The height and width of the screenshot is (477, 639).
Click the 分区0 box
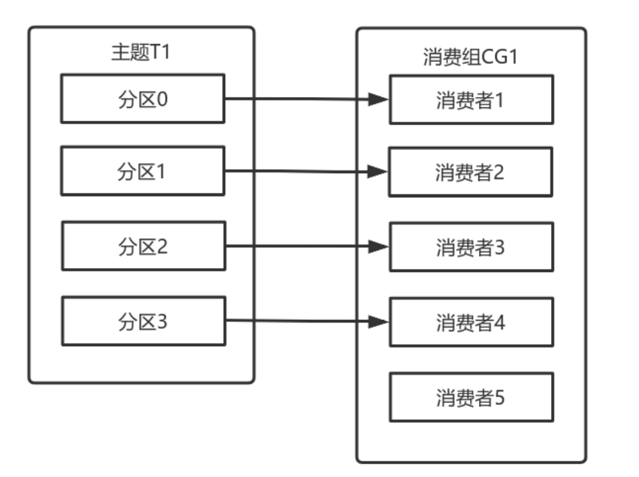[142, 98]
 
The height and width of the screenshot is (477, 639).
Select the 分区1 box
[142, 170]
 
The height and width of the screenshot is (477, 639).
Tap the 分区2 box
[142, 246]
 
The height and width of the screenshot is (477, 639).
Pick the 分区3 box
[142, 321]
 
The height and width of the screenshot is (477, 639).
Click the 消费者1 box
[471, 100]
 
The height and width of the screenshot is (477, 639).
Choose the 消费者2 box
[471, 172]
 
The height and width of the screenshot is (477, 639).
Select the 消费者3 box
[471, 247]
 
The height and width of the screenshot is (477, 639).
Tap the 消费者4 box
[471, 322]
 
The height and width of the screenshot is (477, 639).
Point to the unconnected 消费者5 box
[471, 397]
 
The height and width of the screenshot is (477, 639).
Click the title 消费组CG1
[470, 56]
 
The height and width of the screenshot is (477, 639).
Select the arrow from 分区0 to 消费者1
[300, 99]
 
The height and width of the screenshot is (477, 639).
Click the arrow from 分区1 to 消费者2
[300, 171]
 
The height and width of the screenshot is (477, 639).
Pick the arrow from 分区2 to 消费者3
[300, 246]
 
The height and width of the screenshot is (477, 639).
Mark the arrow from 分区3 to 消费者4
[300, 321]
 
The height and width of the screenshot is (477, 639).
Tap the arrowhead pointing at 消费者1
[380, 100]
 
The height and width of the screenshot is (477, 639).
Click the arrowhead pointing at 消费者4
[380, 322]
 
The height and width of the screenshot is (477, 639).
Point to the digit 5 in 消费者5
[499, 397]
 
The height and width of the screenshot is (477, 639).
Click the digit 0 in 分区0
[163, 98]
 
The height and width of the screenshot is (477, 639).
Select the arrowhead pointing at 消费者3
[380, 246]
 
